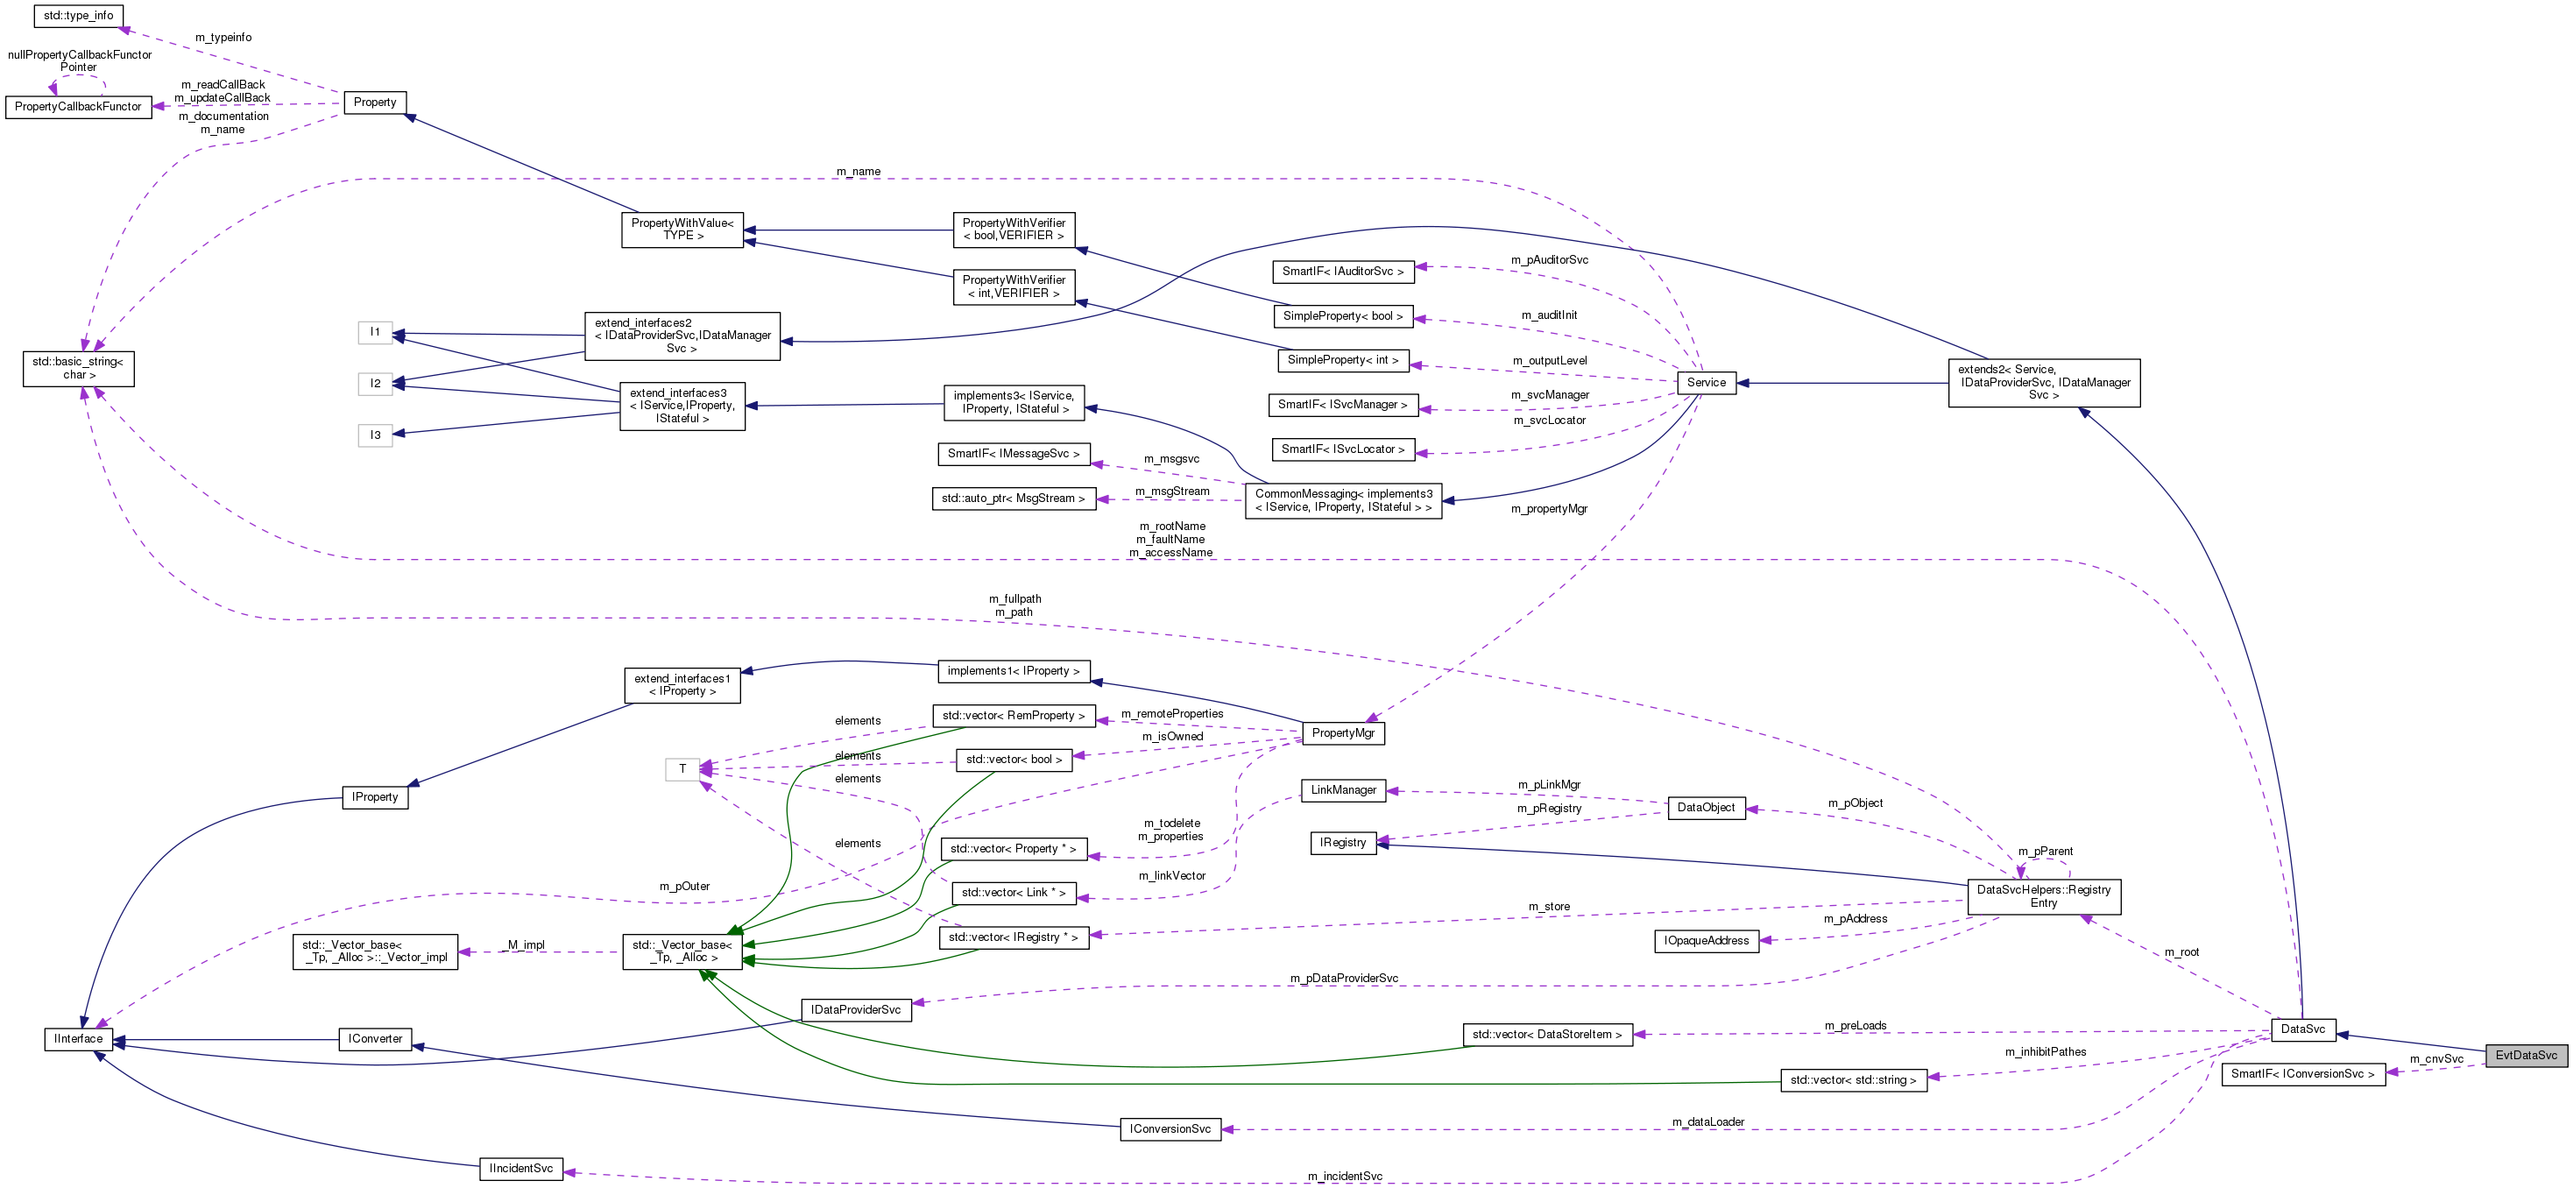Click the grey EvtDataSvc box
[x=2526, y=1055]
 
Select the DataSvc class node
[x=2302, y=1029]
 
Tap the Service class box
[x=1705, y=383]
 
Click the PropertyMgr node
[x=1342, y=733]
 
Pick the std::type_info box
[x=78, y=16]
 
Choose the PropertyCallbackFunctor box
[x=78, y=107]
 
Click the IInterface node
[x=78, y=1039]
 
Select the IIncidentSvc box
[x=520, y=1169]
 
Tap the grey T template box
[x=682, y=769]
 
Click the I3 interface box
[x=375, y=435]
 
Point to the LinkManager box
[x=1342, y=790]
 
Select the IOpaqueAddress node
[x=1705, y=941]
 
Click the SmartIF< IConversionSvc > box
[x=2302, y=1074]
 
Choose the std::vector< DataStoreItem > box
[x=1547, y=1036]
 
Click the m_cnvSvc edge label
[x=2435, y=1059]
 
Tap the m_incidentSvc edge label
[x=1345, y=1176]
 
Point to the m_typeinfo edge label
[x=223, y=38]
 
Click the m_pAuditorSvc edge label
[x=1548, y=260]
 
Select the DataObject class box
[x=1705, y=809]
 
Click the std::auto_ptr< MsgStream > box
[x=1013, y=499]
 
